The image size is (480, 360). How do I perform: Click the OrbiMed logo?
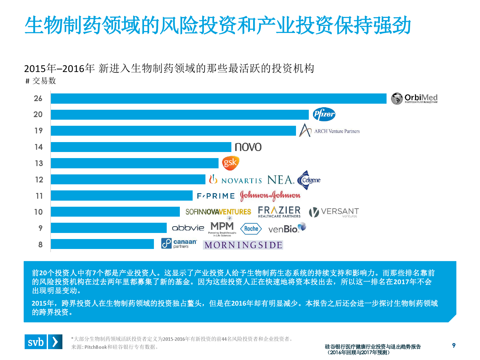point(414,99)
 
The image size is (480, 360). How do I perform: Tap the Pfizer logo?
point(324,114)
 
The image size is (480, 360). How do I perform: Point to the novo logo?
point(248,147)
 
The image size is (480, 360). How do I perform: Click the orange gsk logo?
point(230,163)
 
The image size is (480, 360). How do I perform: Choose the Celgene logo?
point(308,180)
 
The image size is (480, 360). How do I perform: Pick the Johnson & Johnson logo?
point(270,196)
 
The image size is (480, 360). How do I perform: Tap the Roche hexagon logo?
point(251,228)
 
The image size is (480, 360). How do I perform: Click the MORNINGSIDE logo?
point(243,245)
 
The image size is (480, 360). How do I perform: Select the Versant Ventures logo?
point(334,212)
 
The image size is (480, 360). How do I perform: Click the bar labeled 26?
point(219,99)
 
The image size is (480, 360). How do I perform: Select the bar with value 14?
point(141,147)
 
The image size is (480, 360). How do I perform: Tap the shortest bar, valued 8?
point(102,244)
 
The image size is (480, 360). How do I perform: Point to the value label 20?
point(38,114)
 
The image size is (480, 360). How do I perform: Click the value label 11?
point(39,196)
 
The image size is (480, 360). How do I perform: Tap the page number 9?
point(454,345)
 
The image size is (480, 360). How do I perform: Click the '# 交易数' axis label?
point(41,81)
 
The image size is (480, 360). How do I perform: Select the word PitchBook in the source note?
point(95,347)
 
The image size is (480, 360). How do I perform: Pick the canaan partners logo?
point(179,244)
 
